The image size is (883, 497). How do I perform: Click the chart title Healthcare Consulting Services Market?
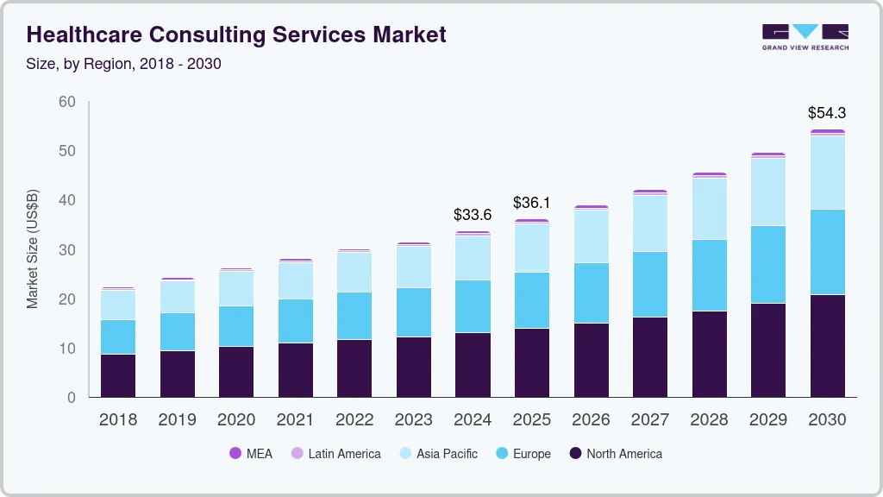tap(236, 35)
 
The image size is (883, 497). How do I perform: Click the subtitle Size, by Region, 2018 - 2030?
tap(124, 64)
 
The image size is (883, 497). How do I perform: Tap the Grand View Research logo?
tap(805, 37)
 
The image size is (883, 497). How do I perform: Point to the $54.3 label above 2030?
tap(826, 113)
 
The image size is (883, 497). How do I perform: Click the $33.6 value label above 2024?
tap(473, 215)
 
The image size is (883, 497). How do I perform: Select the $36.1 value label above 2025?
tap(531, 203)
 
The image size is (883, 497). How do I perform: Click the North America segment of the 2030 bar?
tap(826, 345)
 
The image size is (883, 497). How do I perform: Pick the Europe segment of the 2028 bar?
tap(709, 275)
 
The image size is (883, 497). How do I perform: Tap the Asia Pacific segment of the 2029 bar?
tap(767, 192)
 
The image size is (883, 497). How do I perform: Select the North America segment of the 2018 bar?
tap(118, 375)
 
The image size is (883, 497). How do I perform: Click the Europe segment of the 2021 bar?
tap(295, 321)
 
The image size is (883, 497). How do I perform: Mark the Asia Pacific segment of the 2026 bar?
tap(591, 236)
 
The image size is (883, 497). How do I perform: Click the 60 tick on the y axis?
tap(67, 102)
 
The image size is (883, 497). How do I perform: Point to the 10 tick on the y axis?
tap(67, 349)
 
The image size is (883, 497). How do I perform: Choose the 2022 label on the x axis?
tap(354, 420)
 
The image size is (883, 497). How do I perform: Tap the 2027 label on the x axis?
tap(649, 420)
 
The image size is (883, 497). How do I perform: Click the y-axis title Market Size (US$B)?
tap(33, 248)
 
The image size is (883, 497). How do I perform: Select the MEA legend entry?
tap(250, 454)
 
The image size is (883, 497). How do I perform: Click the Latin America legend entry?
tap(335, 454)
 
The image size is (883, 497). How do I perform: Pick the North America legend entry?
tap(616, 454)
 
